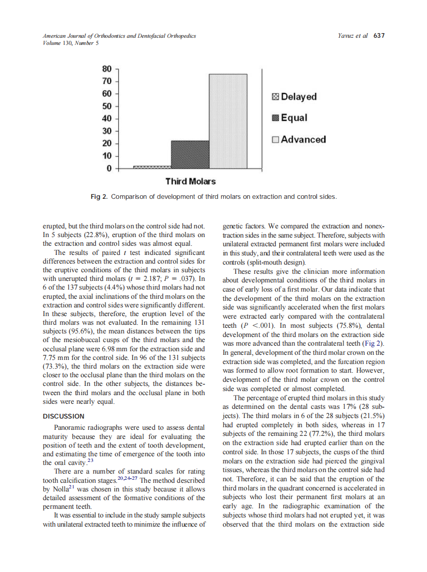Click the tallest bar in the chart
[228, 121]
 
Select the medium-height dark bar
[190, 154]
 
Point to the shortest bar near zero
[152, 167]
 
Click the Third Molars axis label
[191, 181]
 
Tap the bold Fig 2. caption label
[99, 196]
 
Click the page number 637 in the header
[379, 36]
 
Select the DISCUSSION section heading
[64, 417]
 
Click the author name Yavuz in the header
[347, 36]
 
